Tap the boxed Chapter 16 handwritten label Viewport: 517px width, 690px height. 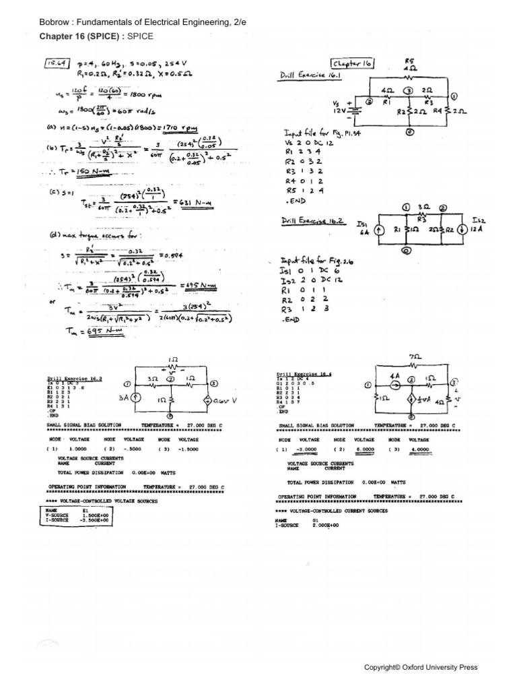click(352, 63)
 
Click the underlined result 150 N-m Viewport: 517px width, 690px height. click(92, 172)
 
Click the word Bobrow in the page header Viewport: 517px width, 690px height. click(56, 23)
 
